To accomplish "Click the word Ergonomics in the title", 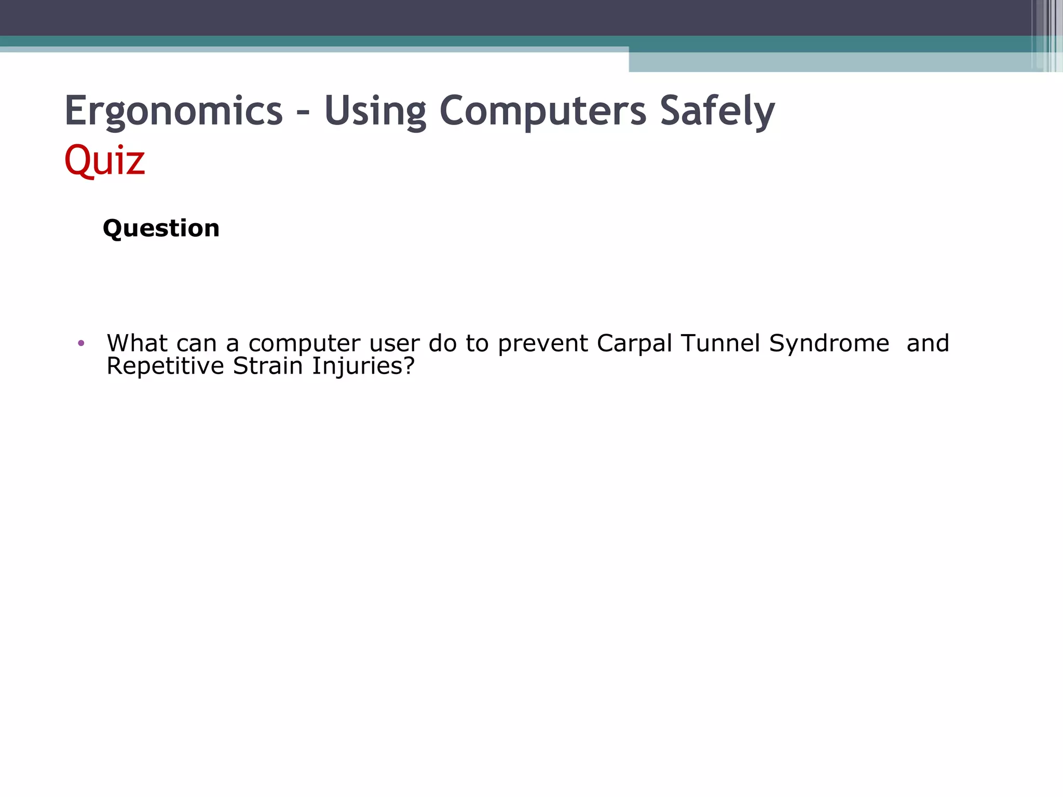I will pyautogui.click(x=173, y=111).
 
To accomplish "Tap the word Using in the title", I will pyautogui.click(x=375, y=111).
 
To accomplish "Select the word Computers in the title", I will pyautogui.click(x=543, y=111).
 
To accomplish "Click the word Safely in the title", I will pyautogui.click(x=717, y=111).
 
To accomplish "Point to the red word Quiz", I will pyautogui.click(x=104, y=160).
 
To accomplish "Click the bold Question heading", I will pyautogui.click(x=161, y=228).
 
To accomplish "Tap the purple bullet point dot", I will pyautogui.click(x=81, y=343).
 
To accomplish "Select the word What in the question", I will pyautogui.click(x=137, y=343).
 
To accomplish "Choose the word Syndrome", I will pyautogui.click(x=829, y=344).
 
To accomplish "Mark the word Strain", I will pyautogui.click(x=268, y=366).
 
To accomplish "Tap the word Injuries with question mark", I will pyautogui.click(x=363, y=366).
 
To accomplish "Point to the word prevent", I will pyautogui.click(x=543, y=344).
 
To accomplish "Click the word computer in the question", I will pyautogui.click(x=304, y=344).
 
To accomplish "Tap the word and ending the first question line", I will pyautogui.click(x=928, y=343).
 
